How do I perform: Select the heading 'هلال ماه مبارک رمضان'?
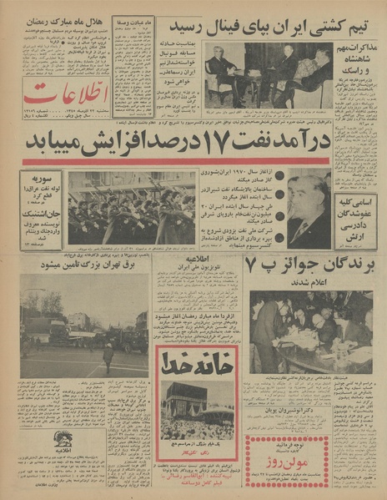[x=60, y=18]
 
